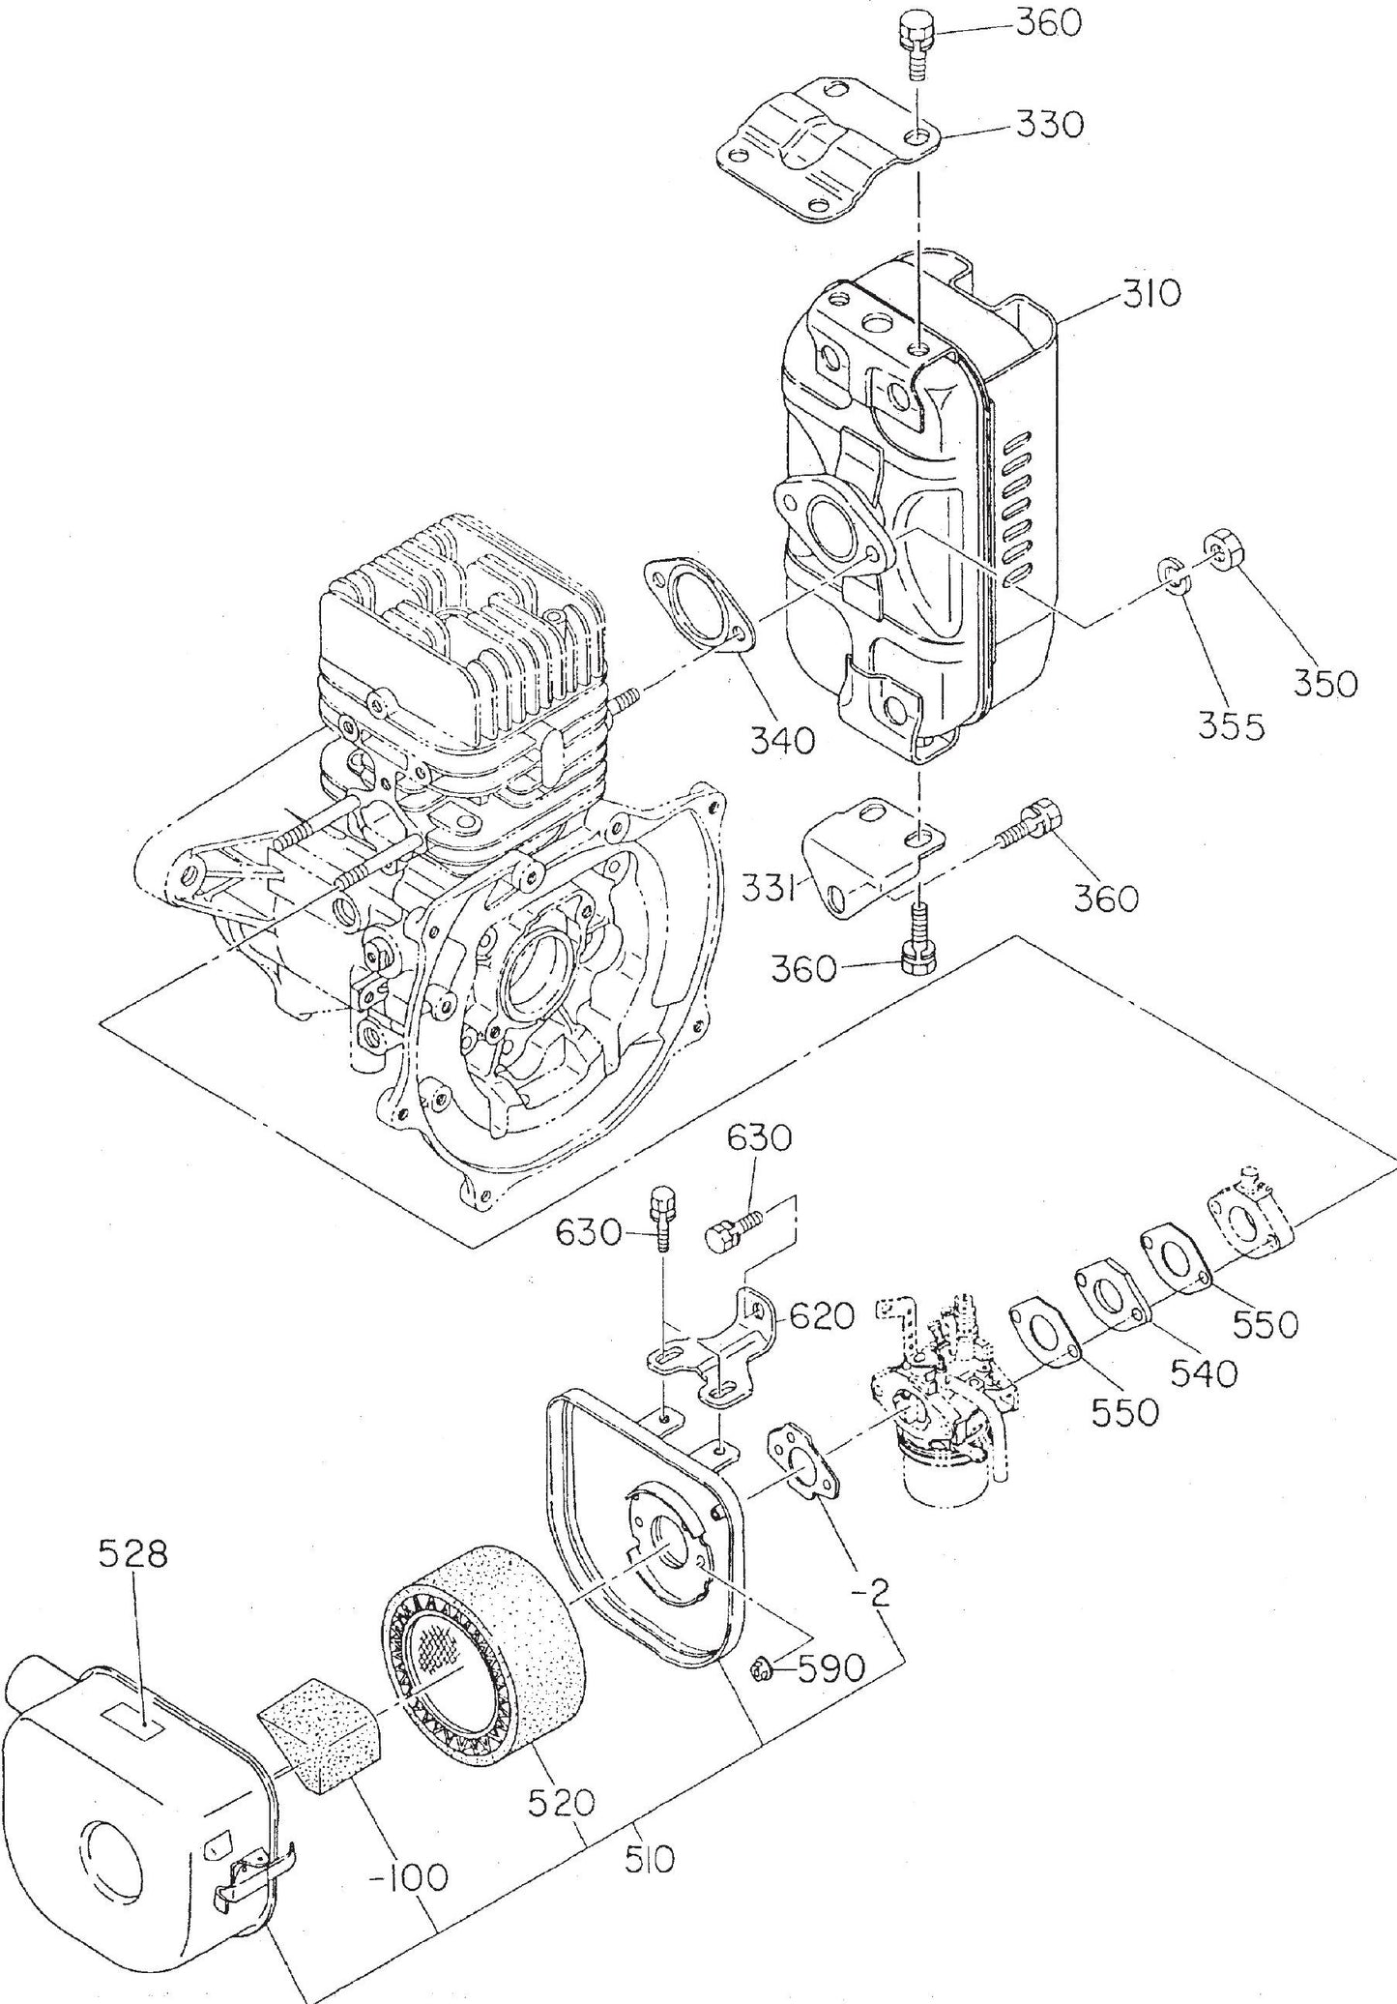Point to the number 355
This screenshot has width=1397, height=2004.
point(1231,725)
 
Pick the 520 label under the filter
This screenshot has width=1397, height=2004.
point(563,1801)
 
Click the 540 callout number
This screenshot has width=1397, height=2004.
point(1202,1372)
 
